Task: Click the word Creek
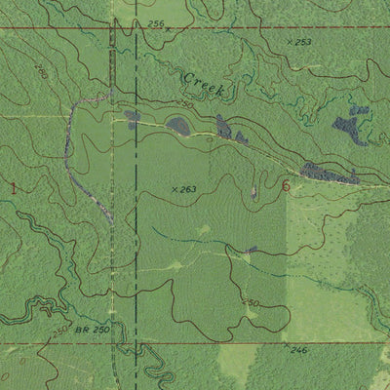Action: pos(203,85)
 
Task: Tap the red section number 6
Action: pos(286,185)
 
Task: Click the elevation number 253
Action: pos(302,42)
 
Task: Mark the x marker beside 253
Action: pos(291,43)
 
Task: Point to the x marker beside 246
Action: pos(285,346)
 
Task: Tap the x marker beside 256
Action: pos(167,29)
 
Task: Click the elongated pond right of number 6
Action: pos(327,173)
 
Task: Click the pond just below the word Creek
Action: pos(178,124)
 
